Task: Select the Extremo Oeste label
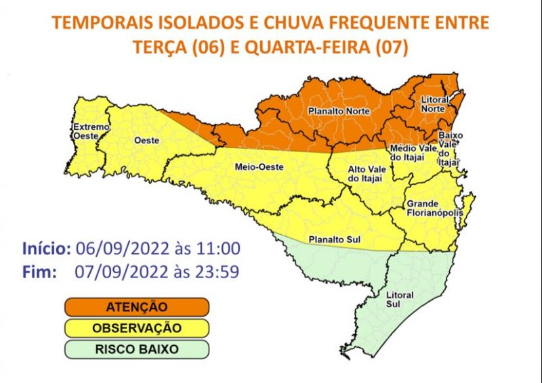(87, 131)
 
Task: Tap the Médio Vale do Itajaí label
(407, 152)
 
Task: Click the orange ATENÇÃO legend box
(136, 307)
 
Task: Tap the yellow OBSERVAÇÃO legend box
(136, 328)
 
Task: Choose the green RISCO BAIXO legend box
(136, 350)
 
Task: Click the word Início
(46, 248)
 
